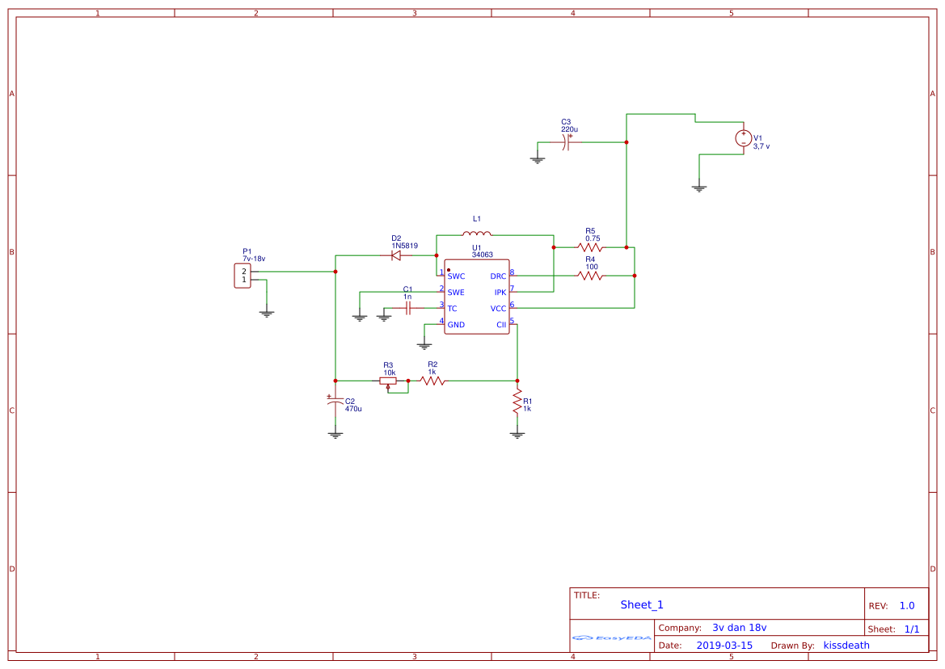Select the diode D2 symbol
pos(396,255)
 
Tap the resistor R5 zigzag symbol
pos(590,246)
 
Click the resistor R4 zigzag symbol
pos(590,276)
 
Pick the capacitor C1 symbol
pos(409,308)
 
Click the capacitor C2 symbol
pos(335,402)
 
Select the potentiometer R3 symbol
pos(389,381)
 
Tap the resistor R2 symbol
pos(432,381)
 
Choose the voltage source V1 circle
pos(743,139)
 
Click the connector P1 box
pos(242,275)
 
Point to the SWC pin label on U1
pos(456,276)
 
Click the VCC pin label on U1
pos(498,309)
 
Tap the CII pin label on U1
pos(501,325)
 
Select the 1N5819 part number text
pos(404,246)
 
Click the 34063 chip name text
pos(483,255)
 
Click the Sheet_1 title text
pos(642,605)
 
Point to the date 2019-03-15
pos(724,646)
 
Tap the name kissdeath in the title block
pos(846,646)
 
